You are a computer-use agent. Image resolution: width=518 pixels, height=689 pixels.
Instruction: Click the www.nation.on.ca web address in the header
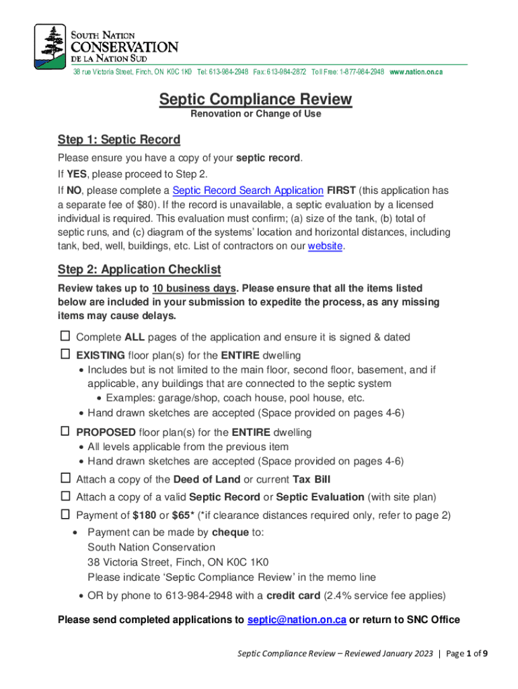(416, 72)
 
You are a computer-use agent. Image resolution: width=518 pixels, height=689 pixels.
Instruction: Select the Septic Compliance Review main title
(255, 100)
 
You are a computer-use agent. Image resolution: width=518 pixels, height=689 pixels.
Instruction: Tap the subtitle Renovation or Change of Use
(256, 114)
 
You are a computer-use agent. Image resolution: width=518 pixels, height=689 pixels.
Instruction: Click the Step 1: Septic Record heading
(119, 140)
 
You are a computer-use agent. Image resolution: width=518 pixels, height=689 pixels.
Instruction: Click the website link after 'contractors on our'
(326, 246)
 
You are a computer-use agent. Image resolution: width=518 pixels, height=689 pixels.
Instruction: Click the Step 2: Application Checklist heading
(139, 270)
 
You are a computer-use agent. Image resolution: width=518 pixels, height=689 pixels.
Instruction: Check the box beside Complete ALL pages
(65, 336)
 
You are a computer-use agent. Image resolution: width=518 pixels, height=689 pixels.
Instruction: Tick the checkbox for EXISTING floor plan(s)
(65, 354)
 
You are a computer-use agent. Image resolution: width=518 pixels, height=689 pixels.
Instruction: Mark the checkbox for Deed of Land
(65, 478)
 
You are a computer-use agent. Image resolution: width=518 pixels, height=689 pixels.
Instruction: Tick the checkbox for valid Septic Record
(65, 497)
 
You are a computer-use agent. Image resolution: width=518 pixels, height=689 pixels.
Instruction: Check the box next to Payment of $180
(65, 515)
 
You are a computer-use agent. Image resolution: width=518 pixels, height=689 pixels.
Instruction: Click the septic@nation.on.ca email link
(297, 620)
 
